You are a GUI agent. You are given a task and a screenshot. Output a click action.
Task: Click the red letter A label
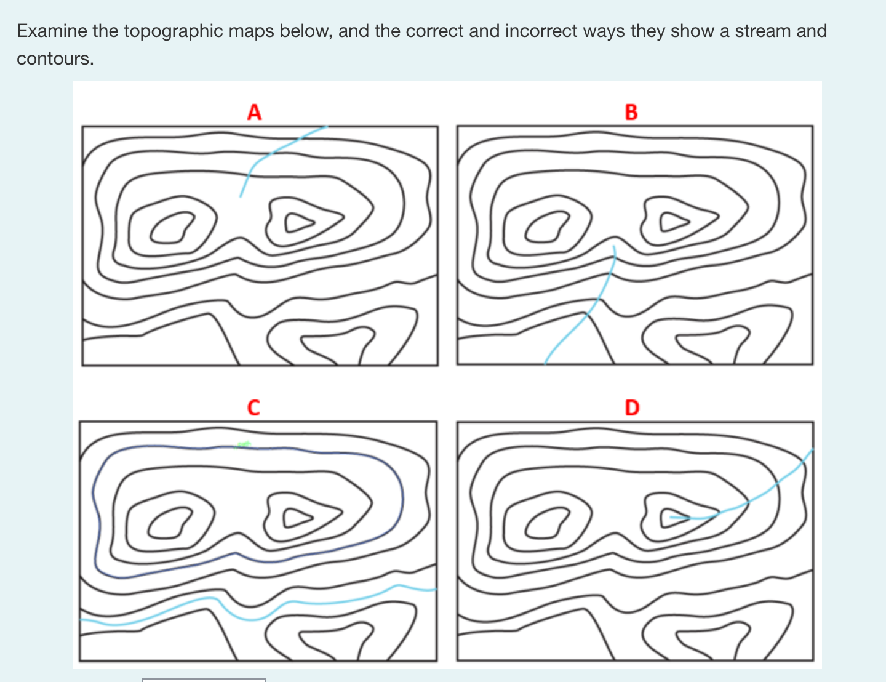254,112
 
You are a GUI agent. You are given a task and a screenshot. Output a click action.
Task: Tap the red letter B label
631,112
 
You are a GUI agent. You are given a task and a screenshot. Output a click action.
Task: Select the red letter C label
253,407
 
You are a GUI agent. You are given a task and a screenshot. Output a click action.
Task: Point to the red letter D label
632,407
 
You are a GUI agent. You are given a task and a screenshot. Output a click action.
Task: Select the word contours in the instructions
55,58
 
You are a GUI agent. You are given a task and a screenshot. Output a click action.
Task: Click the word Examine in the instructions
52,31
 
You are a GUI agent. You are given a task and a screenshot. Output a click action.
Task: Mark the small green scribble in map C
242,444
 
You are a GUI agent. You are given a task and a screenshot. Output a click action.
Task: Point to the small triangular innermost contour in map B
661,222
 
